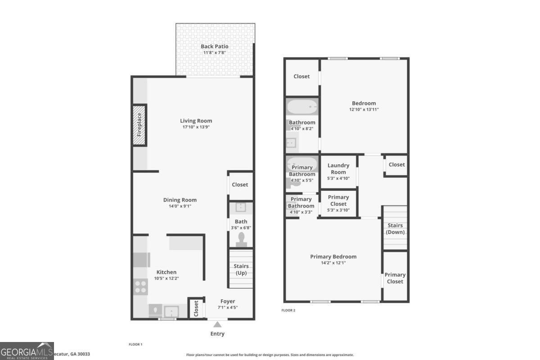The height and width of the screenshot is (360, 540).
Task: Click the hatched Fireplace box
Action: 139,125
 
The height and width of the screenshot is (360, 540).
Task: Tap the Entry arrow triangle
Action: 217,324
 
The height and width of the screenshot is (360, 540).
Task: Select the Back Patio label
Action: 214,46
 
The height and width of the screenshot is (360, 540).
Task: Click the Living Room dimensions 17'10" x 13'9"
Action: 196,127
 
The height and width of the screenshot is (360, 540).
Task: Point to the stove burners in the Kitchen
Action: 141,286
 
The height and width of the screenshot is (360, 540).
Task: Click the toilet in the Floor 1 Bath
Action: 241,239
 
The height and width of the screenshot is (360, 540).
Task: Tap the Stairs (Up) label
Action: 241,270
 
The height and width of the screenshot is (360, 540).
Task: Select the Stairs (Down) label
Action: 395,229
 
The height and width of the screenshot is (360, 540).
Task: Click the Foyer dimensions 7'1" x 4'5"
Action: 227,308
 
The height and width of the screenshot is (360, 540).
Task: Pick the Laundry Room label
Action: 338,169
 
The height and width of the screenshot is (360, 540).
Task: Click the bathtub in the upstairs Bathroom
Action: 302,108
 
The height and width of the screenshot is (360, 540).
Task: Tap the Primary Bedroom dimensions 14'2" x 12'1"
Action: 333,263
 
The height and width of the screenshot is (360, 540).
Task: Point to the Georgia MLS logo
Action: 27,351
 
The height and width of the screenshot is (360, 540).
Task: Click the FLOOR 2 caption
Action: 288,310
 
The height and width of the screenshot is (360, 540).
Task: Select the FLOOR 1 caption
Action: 135,344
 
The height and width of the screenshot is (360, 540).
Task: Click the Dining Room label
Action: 180,200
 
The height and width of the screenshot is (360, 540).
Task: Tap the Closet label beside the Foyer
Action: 196,309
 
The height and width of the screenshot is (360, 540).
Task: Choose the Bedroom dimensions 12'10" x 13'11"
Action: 364,109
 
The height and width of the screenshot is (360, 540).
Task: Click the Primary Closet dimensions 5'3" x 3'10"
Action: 338,210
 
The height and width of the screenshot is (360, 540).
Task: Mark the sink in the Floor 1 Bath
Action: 240,207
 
